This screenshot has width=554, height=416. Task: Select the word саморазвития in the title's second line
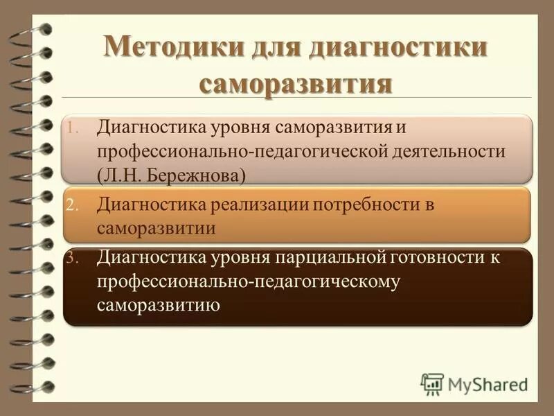[x=296, y=85]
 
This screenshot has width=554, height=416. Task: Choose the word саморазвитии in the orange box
[x=156, y=228]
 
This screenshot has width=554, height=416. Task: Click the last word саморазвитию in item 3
[x=159, y=304]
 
